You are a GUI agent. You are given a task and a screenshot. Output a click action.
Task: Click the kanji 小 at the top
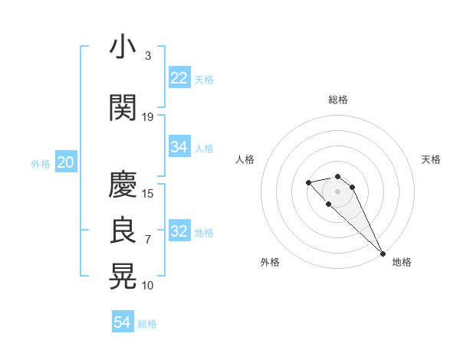click(123, 47)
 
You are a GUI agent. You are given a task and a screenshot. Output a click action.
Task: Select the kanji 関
click(123, 108)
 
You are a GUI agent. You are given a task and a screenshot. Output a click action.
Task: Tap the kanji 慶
click(123, 185)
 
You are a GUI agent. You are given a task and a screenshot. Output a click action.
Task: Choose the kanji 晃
click(123, 277)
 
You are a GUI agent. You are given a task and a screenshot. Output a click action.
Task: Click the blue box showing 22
click(179, 78)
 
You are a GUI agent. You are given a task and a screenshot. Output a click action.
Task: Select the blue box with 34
click(179, 147)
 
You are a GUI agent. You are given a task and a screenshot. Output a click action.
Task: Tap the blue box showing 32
click(179, 231)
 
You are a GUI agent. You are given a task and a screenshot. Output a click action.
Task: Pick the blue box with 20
click(65, 162)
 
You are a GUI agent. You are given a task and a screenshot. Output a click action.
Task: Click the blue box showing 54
click(123, 322)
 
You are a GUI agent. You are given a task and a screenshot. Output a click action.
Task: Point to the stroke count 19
click(148, 117)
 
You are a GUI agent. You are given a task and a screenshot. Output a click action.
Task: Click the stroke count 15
click(148, 194)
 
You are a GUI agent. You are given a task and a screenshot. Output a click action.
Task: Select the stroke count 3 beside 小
click(148, 56)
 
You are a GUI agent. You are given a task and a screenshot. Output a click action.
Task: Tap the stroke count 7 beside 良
click(148, 240)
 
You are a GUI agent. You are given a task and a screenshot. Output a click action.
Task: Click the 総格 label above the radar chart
click(337, 100)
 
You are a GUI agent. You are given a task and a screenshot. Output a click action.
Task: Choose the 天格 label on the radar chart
click(431, 159)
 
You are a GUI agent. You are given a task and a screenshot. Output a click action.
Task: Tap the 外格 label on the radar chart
click(270, 262)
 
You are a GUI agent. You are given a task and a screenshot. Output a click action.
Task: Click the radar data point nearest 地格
click(383, 254)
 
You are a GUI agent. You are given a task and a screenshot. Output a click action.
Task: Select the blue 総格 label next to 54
click(147, 324)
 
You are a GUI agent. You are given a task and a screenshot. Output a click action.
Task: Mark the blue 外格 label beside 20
click(40, 163)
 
